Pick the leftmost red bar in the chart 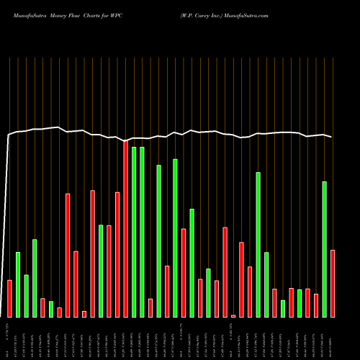click(9, 298)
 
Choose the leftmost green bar click(18, 284)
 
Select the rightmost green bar click(324, 249)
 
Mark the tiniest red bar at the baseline click(233, 315)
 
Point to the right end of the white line click(331, 137)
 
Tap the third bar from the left click(26, 295)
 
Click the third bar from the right click(316, 305)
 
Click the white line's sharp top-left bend click(9, 135)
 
